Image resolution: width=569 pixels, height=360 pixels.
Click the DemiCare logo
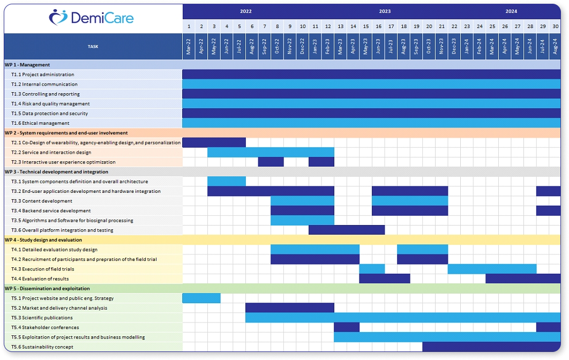coord(92,18)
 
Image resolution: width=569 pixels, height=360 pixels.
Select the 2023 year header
coord(385,11)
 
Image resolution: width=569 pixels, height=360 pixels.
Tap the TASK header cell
coord(93,47)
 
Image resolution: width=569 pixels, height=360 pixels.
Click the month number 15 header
coord(366,26)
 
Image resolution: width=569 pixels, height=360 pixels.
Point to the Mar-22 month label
coord(189,47)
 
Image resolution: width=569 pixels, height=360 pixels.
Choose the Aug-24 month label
coord(555,47)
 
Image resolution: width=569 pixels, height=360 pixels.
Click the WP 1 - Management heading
coord(27,65)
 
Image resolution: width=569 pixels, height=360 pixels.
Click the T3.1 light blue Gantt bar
coord(226,182)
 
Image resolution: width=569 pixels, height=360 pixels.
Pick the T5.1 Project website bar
coord(201,298)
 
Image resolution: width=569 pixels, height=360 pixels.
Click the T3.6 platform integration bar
coord(347,230)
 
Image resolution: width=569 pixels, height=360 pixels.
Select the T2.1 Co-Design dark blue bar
coord(214,142)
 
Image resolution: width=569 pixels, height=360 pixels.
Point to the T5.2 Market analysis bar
coord(289,308)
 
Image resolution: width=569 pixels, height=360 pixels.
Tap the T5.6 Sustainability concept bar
coord(491,347)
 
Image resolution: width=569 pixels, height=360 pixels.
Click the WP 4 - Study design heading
coord(43,240)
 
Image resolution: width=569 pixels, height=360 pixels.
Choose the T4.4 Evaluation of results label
coord(40,279)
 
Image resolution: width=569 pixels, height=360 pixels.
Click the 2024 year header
coord(511,11)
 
